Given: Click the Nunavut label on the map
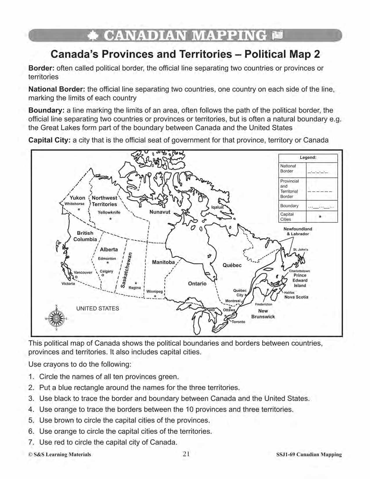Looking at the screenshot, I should (x=160, y=212).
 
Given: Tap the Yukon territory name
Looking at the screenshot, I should (x=77, y=198).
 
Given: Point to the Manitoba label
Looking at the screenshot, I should (x=163, y=262).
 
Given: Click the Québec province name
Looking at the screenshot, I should (x=232, y=265).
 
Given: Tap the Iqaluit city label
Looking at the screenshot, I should (x=217, y=207).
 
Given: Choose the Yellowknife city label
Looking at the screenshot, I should (x=109, y=212).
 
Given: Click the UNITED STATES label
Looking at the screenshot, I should (x=98, y=308).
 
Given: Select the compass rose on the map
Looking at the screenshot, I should (x=56, y=318).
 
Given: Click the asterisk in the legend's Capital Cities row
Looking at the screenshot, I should (x=320, y=217).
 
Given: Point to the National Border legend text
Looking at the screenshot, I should (x=288, y=168).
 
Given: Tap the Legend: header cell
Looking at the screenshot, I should (x=308, y=157).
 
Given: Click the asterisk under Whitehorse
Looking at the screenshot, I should (x=79, y=210).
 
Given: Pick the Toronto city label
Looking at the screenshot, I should (x=239, y=322).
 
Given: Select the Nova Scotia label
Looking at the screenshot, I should (x=296, y=297).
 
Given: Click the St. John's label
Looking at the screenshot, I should (x=301, y=249).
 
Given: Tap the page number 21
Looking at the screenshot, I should (x=186, y=454).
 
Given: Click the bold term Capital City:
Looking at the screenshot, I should (x=49, y=140).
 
